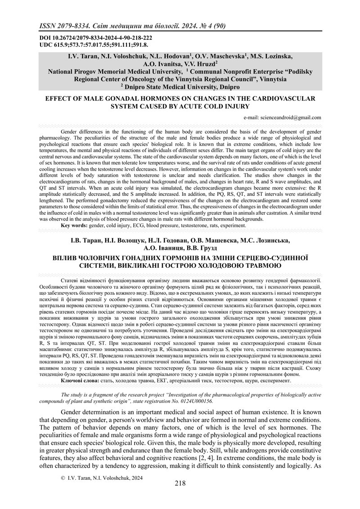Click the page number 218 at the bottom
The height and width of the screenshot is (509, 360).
coord(180,496)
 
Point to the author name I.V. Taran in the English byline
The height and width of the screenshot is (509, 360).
coord(74,57)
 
